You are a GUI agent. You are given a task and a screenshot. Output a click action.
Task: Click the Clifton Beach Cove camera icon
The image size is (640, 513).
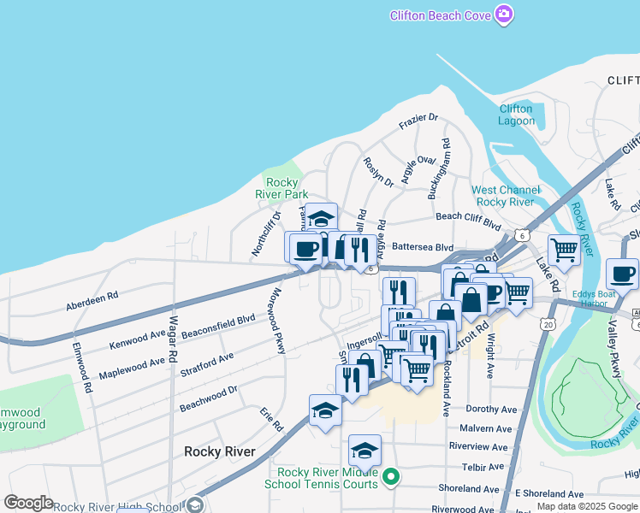(x=504, y=15)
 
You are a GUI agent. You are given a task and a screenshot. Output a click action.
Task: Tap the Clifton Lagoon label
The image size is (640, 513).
(x=516, y=115)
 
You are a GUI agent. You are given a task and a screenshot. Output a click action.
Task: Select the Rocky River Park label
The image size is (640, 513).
(x=287, y=188)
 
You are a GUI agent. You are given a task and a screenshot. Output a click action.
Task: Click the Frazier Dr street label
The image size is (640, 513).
(x=418, y=123)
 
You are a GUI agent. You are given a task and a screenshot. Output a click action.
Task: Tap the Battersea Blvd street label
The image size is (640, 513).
(x=422, y=246)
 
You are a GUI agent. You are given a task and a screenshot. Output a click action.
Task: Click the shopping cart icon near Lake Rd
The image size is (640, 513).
(x=564, y=251)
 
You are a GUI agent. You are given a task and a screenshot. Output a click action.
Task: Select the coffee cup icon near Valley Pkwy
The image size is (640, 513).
(x=622, y=274)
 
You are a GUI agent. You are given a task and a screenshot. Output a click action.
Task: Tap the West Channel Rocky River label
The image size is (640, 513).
(x=507, y=195)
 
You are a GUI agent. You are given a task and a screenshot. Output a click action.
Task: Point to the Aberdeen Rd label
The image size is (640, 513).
(x=92, y=300)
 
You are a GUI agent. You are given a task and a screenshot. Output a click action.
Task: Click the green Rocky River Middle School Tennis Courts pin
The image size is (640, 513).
(x=391, y=476)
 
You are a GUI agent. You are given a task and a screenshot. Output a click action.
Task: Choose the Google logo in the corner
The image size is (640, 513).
(x=28, y=503)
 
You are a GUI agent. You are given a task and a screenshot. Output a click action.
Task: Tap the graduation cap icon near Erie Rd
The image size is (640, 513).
(x=324, y=411)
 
